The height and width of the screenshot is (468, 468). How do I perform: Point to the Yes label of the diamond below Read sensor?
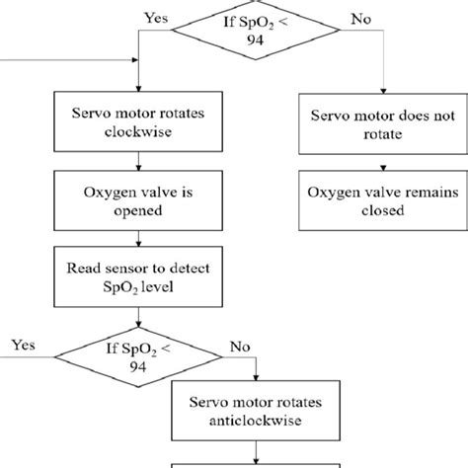[x=25, y=346]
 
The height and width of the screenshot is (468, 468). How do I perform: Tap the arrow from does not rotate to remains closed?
[x=367, y=164]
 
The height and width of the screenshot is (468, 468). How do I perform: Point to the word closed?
[x=367, y=211]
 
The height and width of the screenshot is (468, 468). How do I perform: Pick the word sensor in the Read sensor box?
[x=137, y=268]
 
